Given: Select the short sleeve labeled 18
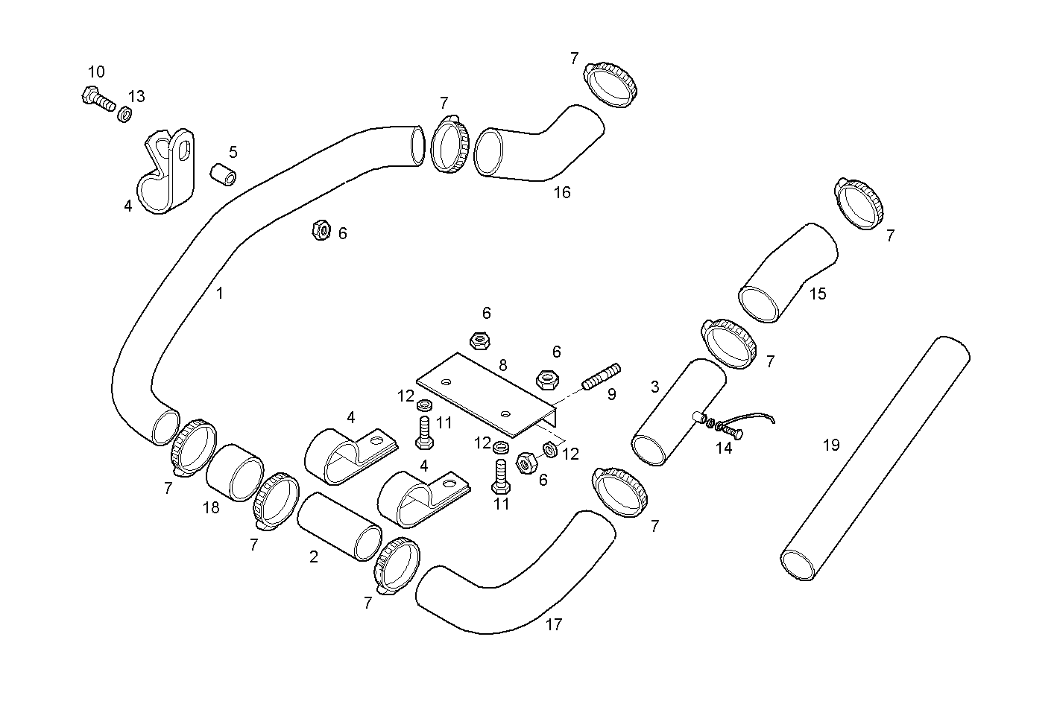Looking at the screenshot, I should (x=235, y=472).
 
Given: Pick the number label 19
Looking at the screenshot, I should (x=831, y=445).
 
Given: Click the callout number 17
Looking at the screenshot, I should (x=553, y=624).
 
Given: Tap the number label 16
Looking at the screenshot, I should (x=562, y=192).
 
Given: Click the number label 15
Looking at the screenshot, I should (x=818, y=294).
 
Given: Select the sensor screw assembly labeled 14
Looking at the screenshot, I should (x=720, y=426).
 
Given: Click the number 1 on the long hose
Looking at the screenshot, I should (x=219, y=294).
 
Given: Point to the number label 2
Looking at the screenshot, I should (x=314, y=556).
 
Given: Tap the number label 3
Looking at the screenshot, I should (x=654, y=387).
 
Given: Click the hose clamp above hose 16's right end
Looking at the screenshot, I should (x=611, y=83).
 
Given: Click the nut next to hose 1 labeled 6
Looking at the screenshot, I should (x=321, y=231).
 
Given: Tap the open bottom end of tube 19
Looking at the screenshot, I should (x=798, y=563).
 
